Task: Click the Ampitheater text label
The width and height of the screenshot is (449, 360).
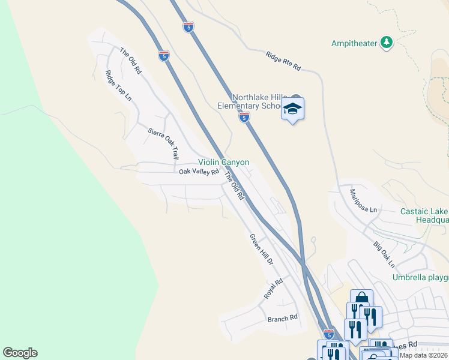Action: (x=356, y=43)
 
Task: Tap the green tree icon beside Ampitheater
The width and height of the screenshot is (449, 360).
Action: (x=387, y=41)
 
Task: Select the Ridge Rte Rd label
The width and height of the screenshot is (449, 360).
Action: (x=283, y=61)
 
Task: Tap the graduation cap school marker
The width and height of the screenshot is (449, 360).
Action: (x=292, y=109)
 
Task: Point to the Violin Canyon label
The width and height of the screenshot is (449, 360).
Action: (x=224, y=163)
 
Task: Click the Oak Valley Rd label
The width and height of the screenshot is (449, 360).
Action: (x=199, y=172)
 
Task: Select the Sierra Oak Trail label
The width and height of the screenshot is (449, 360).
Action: (x=163, y=143)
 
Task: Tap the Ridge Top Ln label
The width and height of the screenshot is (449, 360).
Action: (x=118, y=85)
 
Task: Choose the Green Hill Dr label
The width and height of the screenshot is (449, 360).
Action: (x=262, y=250)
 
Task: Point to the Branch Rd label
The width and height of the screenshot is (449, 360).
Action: (x=283, y=318)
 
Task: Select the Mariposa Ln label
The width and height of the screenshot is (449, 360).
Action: (x=364, y=201)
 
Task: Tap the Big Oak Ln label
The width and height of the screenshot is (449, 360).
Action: (x=384, y=254)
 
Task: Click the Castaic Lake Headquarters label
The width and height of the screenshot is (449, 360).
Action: (x=424, y=215)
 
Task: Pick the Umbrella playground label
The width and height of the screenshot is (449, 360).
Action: (x=420, y=277)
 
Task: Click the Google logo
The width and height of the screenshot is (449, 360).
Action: (x=20, y=353)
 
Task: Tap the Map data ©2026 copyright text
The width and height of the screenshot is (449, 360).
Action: (x=423, y=355)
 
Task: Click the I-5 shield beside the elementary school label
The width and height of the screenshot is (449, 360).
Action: (x=244, y=118)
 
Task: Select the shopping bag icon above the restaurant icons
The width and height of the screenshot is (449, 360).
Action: (x=362, y=299)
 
